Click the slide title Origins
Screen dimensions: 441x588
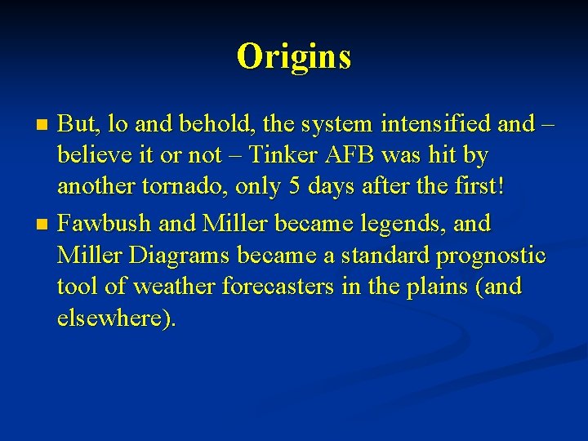pyautogui.click(x=294, y=56)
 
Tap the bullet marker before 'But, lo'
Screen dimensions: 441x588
pyautogui.click(x=45, y=125)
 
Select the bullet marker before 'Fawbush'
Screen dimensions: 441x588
pyautogui.click(x=45, y=224)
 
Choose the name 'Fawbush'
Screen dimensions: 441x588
pyautogui.click(x=102, y=222)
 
